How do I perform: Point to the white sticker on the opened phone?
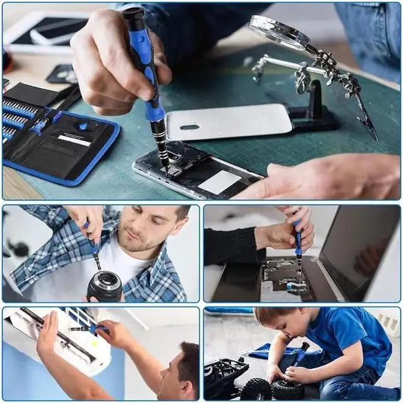click(x=220, y=182)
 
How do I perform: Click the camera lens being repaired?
click(x=105, y=287)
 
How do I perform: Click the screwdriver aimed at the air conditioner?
click(x=88, y=328)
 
